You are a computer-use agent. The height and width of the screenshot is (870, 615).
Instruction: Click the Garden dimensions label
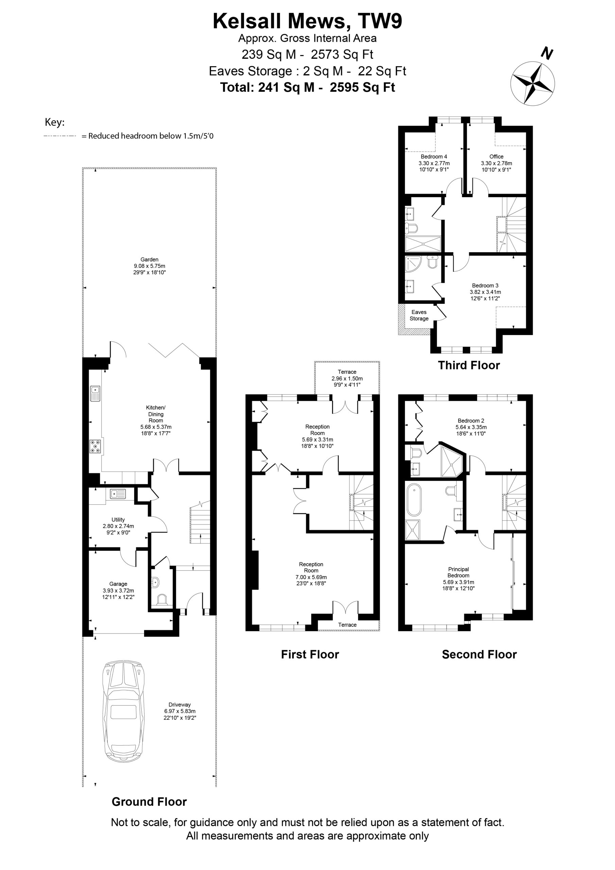(149, 266)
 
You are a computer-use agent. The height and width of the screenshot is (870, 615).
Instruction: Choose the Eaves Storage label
(419, 315)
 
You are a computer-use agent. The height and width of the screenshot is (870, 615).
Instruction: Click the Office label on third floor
(496, 163)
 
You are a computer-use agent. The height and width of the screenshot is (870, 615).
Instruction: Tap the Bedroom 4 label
(434, 163)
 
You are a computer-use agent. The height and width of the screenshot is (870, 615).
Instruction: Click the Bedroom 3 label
(486, 292)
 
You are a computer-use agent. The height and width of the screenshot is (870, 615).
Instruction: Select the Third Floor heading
(469, 365)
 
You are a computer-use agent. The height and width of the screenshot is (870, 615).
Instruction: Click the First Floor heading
(310, 655)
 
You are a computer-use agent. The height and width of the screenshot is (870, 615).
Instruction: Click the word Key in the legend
(55, 122)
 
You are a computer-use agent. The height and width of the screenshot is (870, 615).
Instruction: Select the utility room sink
(118, 494)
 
